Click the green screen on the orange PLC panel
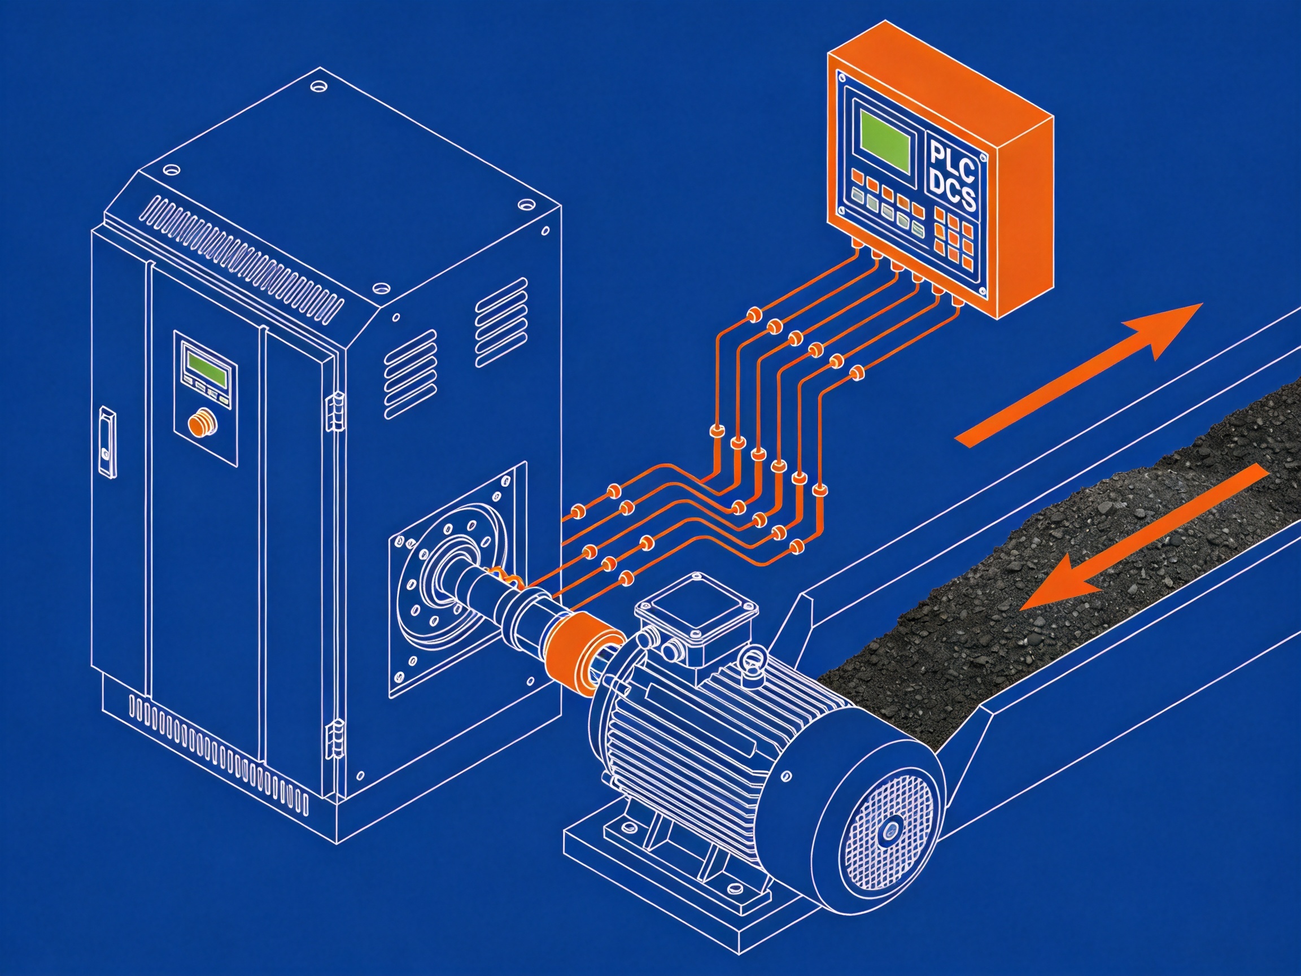pyautogui.click(x=886, y=141)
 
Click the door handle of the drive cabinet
pyautogui.click(x=107, y=441)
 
